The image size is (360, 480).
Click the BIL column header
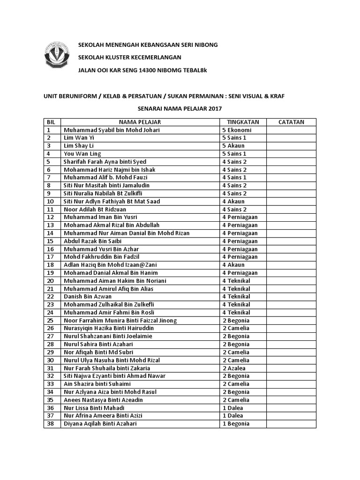point(51,122)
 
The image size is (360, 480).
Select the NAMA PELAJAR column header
point(140,122)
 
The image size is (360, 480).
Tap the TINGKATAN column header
point(240,122)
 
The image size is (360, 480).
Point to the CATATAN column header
point(291,122)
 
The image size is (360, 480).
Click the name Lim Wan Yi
point(79,138)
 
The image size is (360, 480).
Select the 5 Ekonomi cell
point(237,130)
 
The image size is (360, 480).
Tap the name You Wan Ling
point(82,154)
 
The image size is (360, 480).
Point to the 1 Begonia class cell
point(236,423)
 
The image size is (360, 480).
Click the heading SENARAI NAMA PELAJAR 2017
point(180,108)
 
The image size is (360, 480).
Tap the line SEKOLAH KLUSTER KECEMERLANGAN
point(129,57)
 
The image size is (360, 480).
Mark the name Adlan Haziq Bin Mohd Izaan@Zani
point(111,265)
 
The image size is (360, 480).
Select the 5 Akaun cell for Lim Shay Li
point(233,146)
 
